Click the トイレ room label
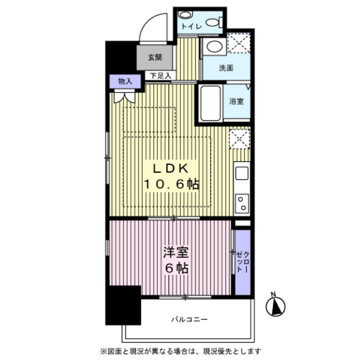pyautogui.click(x=192, y=26)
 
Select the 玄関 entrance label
pyautogui.click(x=155, y=57)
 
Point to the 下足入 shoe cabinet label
pyautogui.click(x=161, y=75)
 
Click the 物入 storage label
pyautogui.click(x=125, y=81)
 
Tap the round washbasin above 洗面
pyautogui.click(x=214, y=47)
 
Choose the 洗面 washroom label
pyautogui.click(x=226, y=68)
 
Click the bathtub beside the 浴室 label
pyautogui.click(x=210, y=103)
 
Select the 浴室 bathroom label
pyautogui.click(x=236, y=101)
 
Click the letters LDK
pyautogui.click(x=171, y=169)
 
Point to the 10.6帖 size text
pyautogui.click(x=172, y=184)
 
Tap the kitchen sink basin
pyautogui.click(x=242, y=173)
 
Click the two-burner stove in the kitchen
pyautogui.click(x=242, y=204)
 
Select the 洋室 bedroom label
pyautogui.click(x=176, y=252)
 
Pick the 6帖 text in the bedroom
pyautogui.click(x=177, y=268)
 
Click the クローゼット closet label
pyautogui.click(x=243, y=262)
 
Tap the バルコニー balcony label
pyautogui.click(x=190, y=319)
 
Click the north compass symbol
pyautogui.click(x=275, y=305)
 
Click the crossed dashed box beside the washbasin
pyautogui.click(x=238, y=43)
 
